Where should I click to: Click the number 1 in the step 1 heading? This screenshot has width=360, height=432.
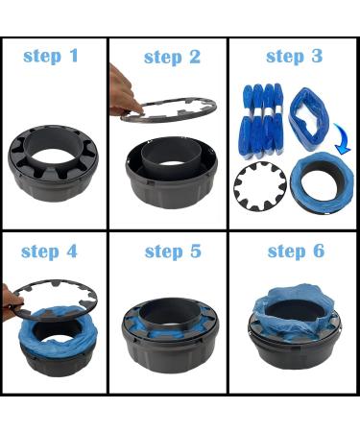coord(74,56)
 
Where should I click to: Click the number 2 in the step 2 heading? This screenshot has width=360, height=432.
coord(194,57)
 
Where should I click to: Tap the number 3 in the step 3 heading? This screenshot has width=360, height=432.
coord(317,56)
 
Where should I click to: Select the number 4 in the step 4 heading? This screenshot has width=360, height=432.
coord(72,252)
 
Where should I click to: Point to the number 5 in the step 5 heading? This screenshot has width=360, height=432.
coord(196,251)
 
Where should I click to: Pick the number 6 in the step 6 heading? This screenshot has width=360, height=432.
coord(319,251)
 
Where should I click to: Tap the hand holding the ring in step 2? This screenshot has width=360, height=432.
coord(123,93)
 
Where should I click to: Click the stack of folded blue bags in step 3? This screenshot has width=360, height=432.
coord(262,121)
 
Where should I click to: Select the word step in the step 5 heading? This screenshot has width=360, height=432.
coord(164,252)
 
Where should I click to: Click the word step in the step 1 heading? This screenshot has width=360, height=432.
coord(42,57)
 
